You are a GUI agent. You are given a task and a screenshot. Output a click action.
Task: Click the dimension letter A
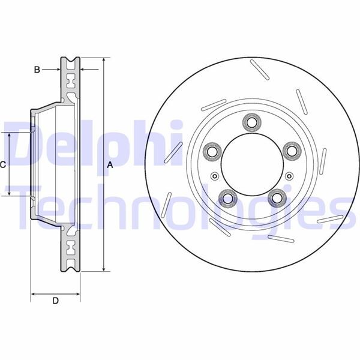(110, 165)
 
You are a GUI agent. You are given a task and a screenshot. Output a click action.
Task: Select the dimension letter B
(37, 70)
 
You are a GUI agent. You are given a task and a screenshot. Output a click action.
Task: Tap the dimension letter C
(3, 164)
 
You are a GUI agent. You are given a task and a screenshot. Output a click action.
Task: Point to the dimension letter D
(55, 302)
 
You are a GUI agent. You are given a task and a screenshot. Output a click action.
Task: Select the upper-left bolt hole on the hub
(212, 151)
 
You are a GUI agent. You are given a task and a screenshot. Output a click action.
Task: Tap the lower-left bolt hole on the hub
(227, 197)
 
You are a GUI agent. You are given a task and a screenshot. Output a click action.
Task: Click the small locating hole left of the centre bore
(214, 176)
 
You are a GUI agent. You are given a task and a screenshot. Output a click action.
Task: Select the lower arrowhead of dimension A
(104, 269)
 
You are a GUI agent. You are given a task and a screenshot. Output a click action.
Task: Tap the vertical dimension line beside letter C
(10, 164)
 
